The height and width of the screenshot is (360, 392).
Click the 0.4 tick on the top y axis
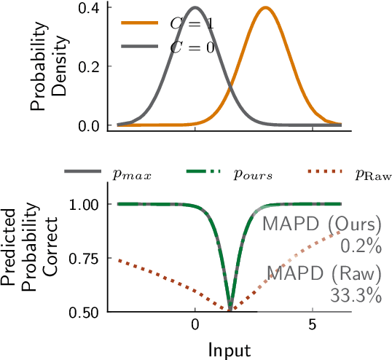pos(90,7)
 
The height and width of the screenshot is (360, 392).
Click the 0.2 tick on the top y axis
pos(90,66)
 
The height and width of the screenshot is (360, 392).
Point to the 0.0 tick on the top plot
pos(90,125)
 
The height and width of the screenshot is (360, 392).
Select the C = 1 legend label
pos(192,23)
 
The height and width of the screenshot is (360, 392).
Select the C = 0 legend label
pos(192,47)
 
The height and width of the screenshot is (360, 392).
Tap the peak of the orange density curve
pos(266,8)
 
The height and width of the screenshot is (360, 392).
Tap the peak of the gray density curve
pos(195,8)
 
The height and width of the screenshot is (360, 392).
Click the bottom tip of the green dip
pos(230,310)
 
